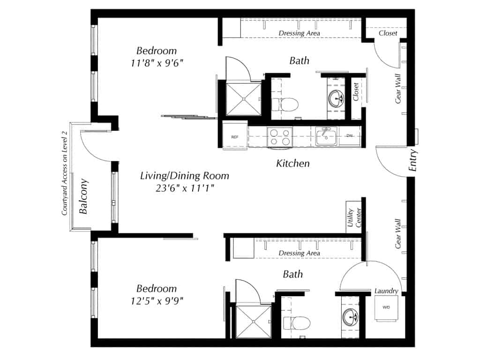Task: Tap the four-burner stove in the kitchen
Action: pyautogui.click(x=279, y=136)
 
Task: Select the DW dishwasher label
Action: pyautogui.click(x=349, y=135)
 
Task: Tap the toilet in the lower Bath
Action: pyautogui.click(x=297, y=323)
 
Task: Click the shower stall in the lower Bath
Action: pyautogui.click(x=254, y=322)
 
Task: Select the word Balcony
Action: pyautogui.click(x=84, y=196)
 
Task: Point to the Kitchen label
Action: pyautogui.click(x=292, y=164)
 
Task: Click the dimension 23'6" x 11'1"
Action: pyautogui.click(x=185, y=188)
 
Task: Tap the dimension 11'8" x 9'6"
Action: pyautogui.click(x=157, y=63)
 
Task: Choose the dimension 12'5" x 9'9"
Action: pyautogui.click(x=157, y=300)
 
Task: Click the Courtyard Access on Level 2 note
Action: pyautogui.click(x=65, y=173)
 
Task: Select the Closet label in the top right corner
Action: pyautogui.click(x=388, y=33)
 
